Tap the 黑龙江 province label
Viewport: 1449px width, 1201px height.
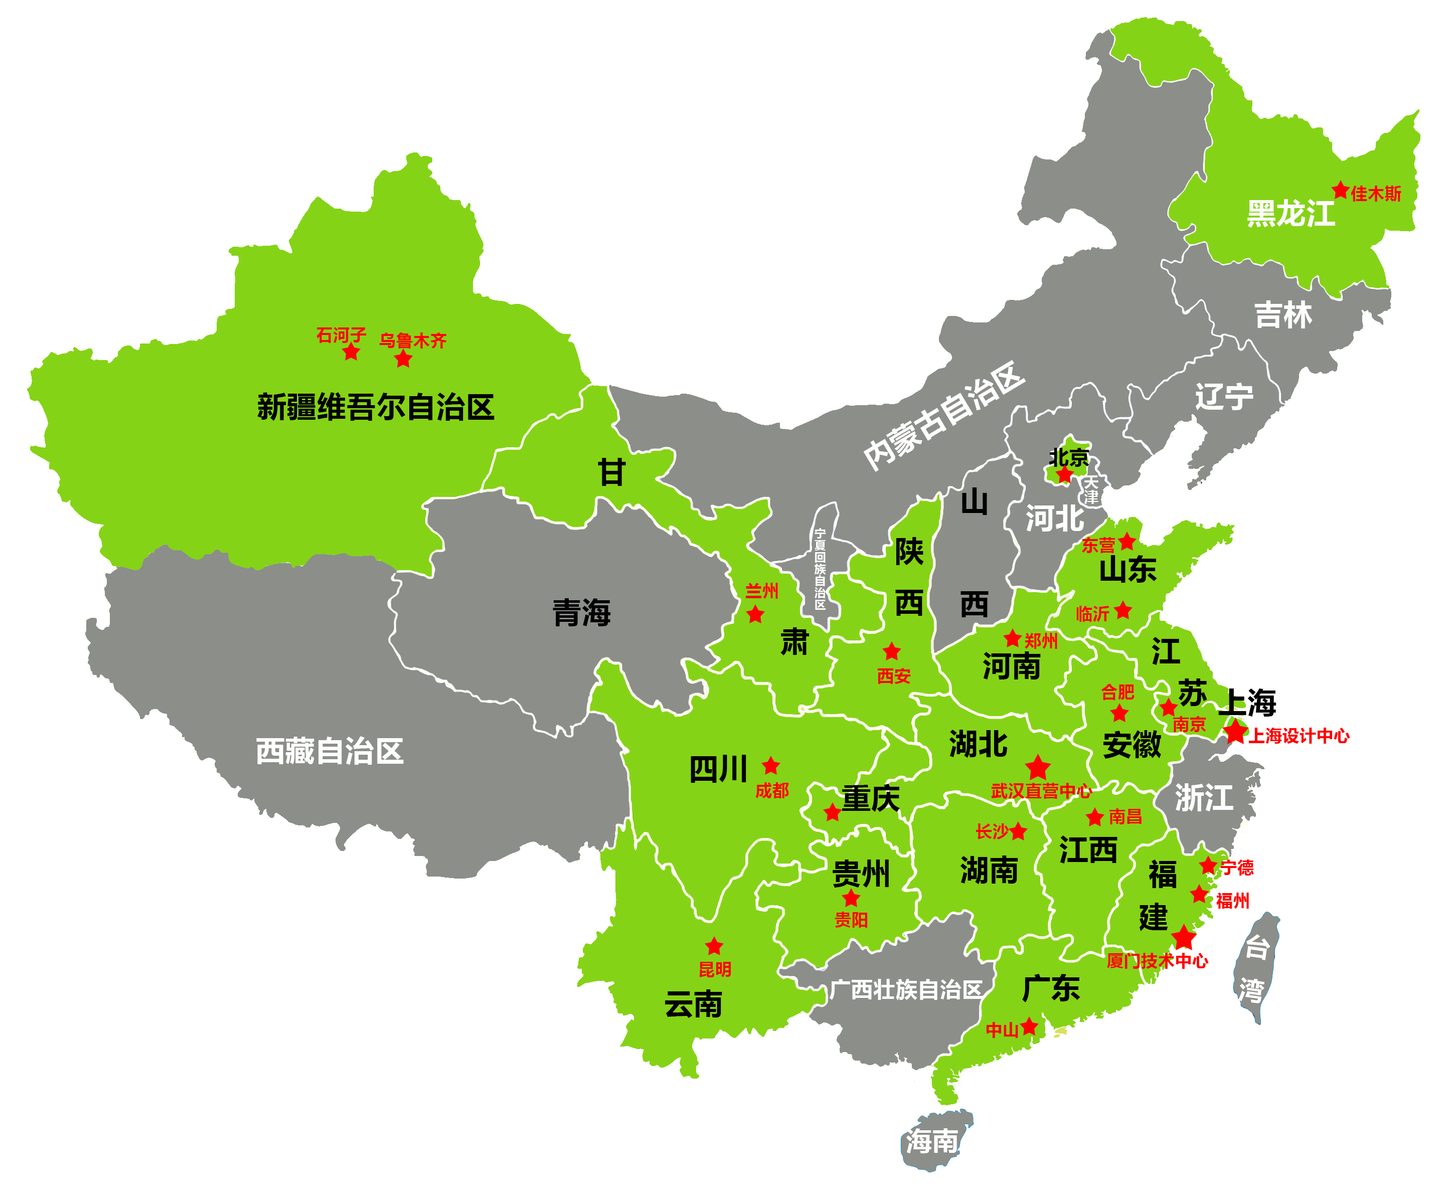click(x=1291, y=213)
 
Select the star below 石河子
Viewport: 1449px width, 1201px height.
click(x=351, y=353)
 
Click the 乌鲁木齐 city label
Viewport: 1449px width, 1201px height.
click(x=413, y=340)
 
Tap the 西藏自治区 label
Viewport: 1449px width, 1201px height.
click(x=329, y=751)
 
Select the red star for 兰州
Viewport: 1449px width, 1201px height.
click(x=755, y=614)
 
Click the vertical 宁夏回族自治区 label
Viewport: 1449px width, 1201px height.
click(x=820, y=569)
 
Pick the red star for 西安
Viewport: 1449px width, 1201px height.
click(x=891, y=651)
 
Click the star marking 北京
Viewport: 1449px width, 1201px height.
click(x=1065, y=474)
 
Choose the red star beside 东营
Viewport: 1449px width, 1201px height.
click(x=1127, y=542)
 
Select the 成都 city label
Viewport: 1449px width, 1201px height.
click(x=771, y=790)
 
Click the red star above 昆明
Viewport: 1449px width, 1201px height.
click(x=714, y=946)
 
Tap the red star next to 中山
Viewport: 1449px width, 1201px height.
click(x=1029, y=1026)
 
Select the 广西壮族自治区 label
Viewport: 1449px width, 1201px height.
click(x=905, y=990)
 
